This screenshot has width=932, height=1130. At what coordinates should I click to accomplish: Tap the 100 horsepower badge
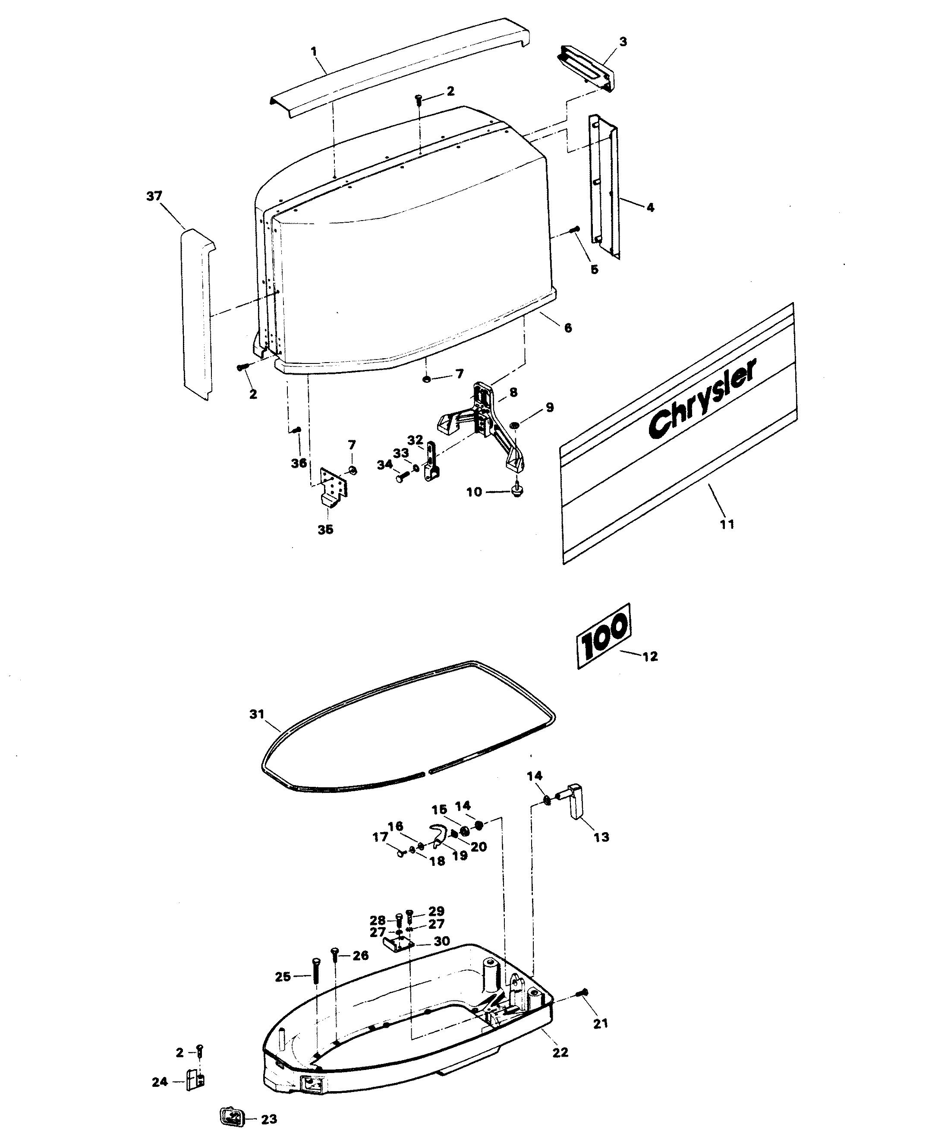click(x=604, y=636)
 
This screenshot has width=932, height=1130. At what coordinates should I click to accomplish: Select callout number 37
click(x=154, y=196)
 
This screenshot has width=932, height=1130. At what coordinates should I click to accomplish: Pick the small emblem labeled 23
click(x=231, y=1114)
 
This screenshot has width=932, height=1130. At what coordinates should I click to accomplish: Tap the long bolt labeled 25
click(x=315, y=974)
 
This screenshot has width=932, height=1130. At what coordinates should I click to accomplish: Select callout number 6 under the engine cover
click(x=567, y=327)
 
